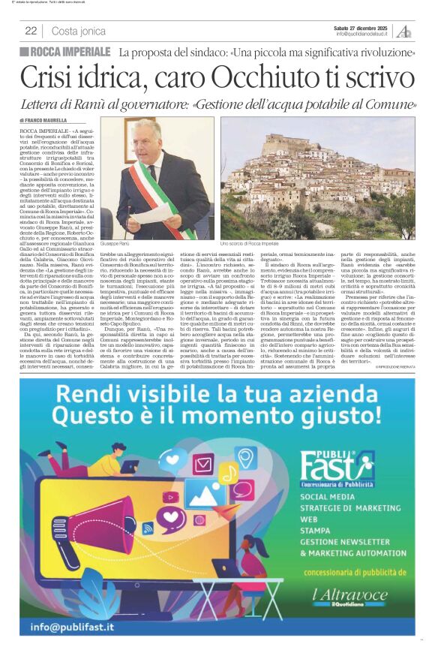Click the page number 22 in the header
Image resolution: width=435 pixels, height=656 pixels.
31,31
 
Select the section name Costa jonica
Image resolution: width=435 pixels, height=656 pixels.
79,31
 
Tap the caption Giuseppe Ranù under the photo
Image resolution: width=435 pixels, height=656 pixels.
116,244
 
